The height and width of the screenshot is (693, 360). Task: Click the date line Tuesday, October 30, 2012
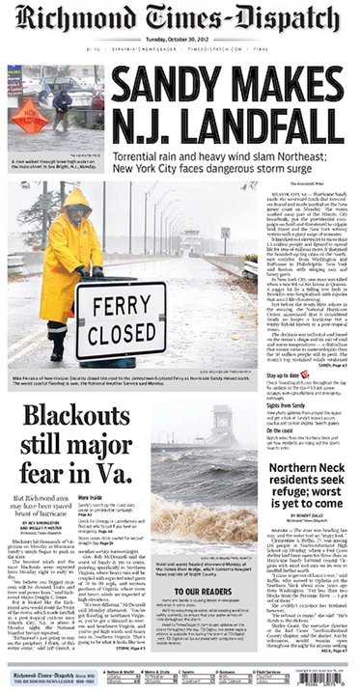[x=180, y=41]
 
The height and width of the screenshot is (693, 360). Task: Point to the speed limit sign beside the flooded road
[x=225, y=232]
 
